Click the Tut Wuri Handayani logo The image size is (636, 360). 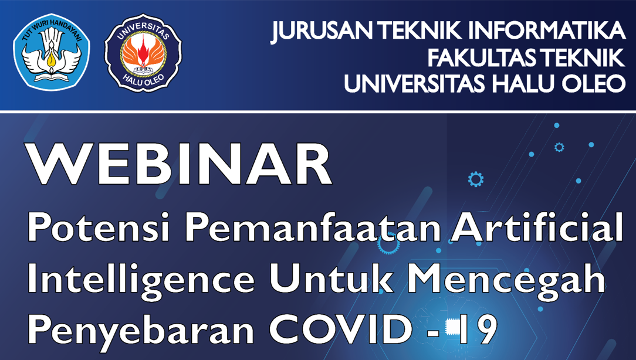pyautogui.click(x=51, y=52)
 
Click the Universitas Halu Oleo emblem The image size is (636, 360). pyautogui.click(x=143, y=52)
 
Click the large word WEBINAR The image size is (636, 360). pyautogui.click(x=178, y=164)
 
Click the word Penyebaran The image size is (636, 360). pyautogui.click(x=140, y=330)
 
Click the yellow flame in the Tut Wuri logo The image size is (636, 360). pyautogui.click(x=50, y=60)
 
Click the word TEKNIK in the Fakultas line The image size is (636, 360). pyautogui.click(x=579, y=57)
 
